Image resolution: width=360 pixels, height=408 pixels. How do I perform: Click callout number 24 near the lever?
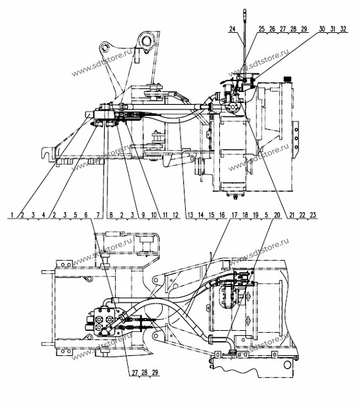click(x=232, y=28)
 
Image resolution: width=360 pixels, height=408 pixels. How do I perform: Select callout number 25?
click(x=262, y=28)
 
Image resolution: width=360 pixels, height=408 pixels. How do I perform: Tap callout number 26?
click(x=272, y=28)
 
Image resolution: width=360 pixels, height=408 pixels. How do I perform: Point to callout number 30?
click(x=322, y=28)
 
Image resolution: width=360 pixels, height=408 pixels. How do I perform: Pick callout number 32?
click(x=343, y=28)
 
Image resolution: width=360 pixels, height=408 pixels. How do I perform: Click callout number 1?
click(x=12, y=215)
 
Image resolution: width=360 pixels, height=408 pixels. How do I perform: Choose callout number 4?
click(x=44, y=215)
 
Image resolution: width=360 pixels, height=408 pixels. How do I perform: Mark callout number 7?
click(x=98, y=215)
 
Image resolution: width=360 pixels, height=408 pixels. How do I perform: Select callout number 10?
click(x=154, y=215)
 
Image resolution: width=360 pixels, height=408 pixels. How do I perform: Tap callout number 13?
click(x=190, y=215)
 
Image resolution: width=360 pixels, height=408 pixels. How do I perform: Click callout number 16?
click(x=222, y=215)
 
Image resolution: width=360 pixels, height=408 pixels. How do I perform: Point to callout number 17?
click(x=235, y=215)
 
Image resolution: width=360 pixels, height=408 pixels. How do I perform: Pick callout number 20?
click(x=277, y=215)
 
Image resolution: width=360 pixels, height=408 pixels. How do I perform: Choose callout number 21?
click(x=292, y=215)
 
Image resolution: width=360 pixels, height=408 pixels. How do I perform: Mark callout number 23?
click(x=313, y=215)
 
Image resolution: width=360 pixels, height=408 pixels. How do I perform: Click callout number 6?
click(x=86, y=215)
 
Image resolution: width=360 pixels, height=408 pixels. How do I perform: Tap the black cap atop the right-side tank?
click(x=287, y=79)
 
